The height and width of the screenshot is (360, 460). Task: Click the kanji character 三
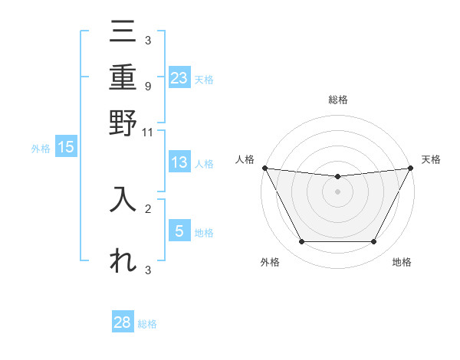click(x=123, y=33)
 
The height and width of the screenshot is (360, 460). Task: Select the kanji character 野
click(x=123, y=123)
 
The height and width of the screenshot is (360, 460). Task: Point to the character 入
click(x=123, y=199)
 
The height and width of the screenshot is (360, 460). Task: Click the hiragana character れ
click(x=123, y=260)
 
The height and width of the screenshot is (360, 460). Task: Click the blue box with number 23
click(x=179, y=78)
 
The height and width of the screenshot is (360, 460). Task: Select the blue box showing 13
click(x=179, y=162)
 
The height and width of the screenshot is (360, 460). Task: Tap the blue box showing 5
click(x=179, y=231)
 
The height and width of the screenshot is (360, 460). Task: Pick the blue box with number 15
click(x=66, y=148)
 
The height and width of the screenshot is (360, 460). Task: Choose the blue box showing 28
click(x=123, y=322)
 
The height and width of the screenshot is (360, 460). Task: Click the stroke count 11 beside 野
click(x=148, y=132)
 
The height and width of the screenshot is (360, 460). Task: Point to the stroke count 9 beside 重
click(x=148, y=85)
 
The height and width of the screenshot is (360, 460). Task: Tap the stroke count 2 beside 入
click(x=148, y=208)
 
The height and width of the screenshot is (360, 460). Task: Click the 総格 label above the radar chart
click(x=337, y=100)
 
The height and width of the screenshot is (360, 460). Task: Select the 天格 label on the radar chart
click(x=432, y=159)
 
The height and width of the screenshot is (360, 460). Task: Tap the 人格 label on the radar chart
click(x=245, y=159)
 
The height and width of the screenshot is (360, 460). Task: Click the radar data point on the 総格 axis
click(x=337, y=177)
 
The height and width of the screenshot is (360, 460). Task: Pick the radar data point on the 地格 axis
click(x=374, y=242)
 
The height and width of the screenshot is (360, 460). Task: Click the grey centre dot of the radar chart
click(x=337, y=191)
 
